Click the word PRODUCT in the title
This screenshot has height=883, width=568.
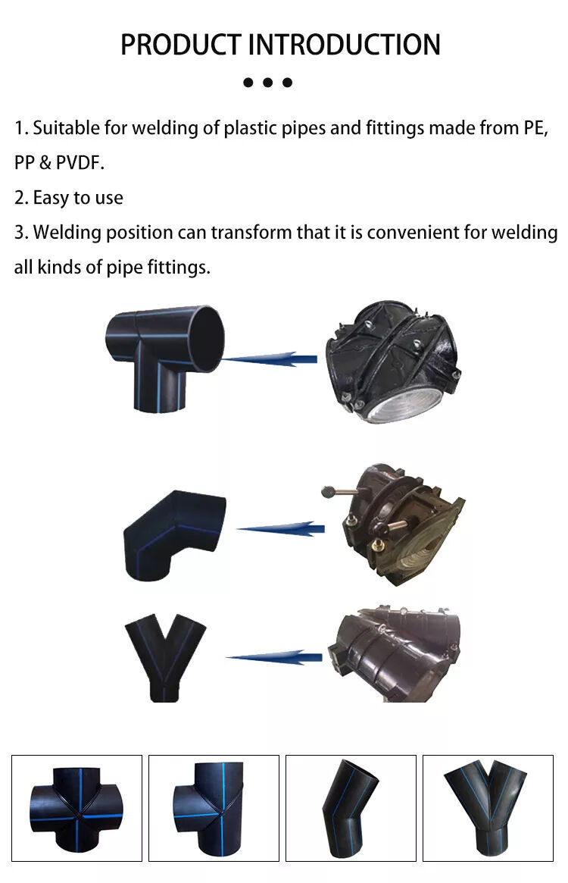tap(181, 45)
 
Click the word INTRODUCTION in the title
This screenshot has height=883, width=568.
tap(345, 45)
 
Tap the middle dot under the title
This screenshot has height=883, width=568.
tap(268, 82)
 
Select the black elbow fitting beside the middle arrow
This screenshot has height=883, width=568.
tap(174, 535)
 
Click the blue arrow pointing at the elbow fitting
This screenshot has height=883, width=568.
tap(281, 528)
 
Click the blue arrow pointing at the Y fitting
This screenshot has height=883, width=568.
tap(274, 656)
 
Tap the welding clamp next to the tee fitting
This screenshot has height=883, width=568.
tap(393, 362)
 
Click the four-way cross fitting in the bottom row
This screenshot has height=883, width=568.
tap(76, 808)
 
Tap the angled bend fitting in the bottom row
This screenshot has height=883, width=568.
tap(349, 807)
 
